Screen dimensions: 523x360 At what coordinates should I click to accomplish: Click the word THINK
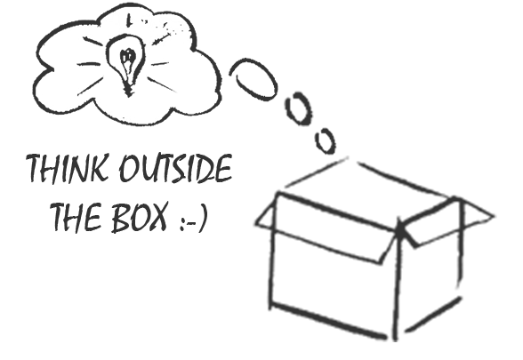tap(68, 168)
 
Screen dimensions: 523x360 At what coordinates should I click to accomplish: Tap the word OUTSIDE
tap(176, 168)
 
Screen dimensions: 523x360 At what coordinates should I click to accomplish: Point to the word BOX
tap(139, 217)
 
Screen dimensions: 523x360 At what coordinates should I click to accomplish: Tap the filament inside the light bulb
tap(126, 59)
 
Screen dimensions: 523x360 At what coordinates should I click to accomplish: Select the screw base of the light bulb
tap(128, 89)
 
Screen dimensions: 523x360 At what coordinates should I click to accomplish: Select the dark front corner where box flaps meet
tap(400, 231)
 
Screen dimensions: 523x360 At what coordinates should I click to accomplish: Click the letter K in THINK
tap(99, 168)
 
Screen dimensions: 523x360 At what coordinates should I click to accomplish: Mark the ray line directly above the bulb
tap(128, 20)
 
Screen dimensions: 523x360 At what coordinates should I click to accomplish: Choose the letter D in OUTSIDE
tap(206, 169)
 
